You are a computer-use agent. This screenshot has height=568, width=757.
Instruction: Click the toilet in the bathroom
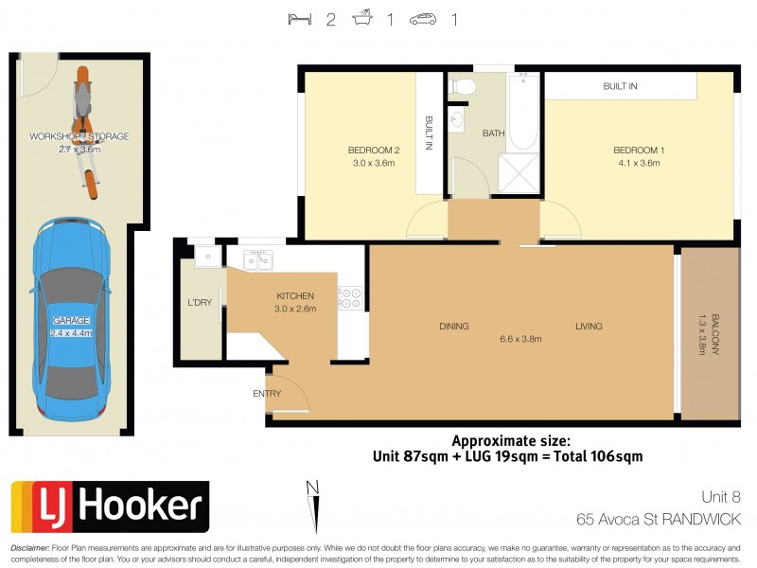click(463, 87)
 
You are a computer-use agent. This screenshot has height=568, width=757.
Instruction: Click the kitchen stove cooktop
click(350, 297)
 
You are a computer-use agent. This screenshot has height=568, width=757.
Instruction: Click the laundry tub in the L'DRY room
click(202, 256)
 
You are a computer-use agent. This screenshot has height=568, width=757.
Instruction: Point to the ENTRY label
click(266, 393)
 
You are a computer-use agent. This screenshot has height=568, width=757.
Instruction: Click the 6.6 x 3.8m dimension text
click(521, 339)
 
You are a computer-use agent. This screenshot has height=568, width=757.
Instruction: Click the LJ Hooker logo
click(109, 506)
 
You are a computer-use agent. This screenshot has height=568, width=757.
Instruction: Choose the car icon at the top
click(423, 19)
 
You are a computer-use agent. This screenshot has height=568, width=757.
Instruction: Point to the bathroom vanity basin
click(458, 120)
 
